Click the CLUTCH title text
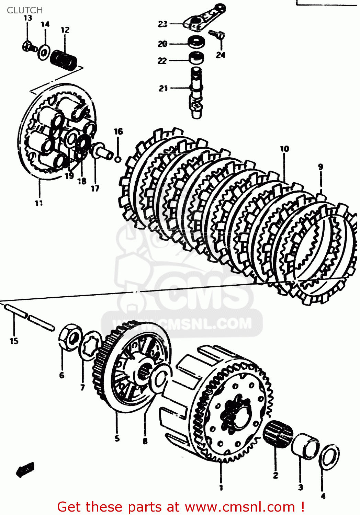point(25,10)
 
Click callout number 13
point(28,18)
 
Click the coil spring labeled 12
point(64,60)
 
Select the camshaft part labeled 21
point(196,93)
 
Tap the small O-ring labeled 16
point(118,159)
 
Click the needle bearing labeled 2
point(278,434)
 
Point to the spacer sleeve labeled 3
point(305,446)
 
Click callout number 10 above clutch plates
point(284,149)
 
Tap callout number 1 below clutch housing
point(221,488)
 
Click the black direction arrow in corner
point(25,470)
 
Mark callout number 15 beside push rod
point(14,341)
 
